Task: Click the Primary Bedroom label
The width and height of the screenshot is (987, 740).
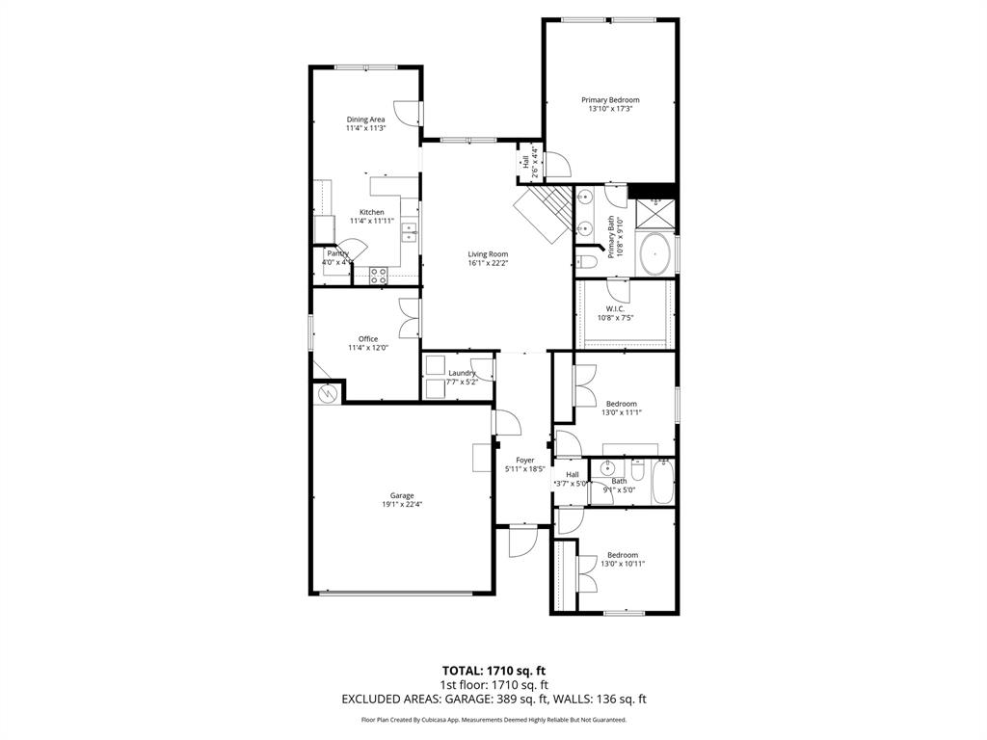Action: (x=609, y=100)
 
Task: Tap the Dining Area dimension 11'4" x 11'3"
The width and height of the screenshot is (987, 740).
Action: (x=366, y=128)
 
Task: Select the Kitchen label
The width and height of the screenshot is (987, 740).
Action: (x=372, y=212)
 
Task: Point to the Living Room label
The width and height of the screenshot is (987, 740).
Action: (x=488, y=254)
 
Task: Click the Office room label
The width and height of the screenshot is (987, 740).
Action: (x=368, y=339)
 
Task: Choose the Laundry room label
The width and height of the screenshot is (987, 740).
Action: (x=462, y=373)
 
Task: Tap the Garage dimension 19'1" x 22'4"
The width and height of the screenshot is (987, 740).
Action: (x=402, y=504)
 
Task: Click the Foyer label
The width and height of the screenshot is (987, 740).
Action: (x=525, y=461)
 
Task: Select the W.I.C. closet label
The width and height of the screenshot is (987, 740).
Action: (x=616, y=308)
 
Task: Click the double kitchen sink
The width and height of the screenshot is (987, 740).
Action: (x=410, y=232)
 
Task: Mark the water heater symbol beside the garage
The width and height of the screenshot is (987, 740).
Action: (x=326, y=392)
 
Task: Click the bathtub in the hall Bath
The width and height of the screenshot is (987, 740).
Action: (x=662, y=482)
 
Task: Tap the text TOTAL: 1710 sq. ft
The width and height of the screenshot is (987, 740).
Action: (x=493, y=670)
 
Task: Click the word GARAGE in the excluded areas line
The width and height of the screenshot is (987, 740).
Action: (x=465, y=699)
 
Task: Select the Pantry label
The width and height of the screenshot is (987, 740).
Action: (x=337, y=253)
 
